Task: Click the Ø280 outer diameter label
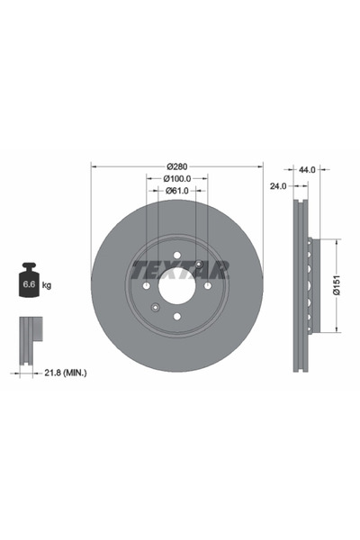[177, 166]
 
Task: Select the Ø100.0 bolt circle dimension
[177, 179]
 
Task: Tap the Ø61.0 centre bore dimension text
[177, 191]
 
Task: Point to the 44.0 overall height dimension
[308, 168]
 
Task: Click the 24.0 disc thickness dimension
[278, 185]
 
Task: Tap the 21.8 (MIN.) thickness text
[67, 371]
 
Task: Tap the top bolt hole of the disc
[177, 255]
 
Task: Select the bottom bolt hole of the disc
[177, 317]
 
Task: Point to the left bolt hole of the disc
[147, 286]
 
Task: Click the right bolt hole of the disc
[209, 286]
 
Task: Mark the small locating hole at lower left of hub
[157, 309]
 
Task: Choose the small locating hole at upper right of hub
[198, 263]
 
